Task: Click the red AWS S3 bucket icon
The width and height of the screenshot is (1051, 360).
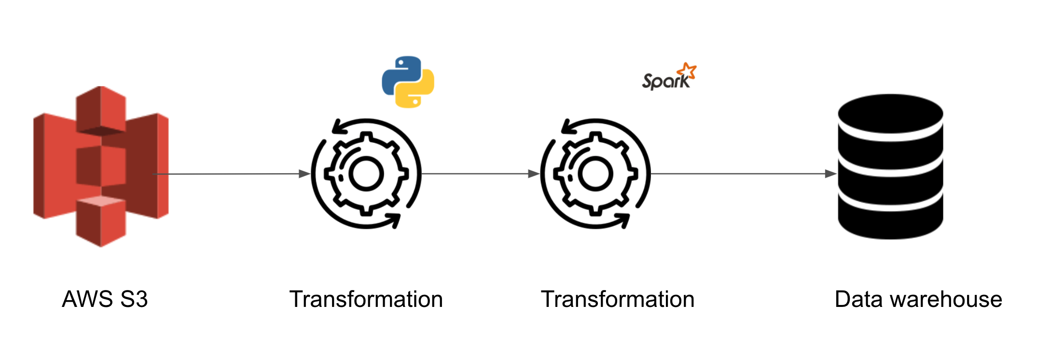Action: click(101, 166)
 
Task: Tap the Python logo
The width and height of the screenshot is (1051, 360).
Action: click(408, 82)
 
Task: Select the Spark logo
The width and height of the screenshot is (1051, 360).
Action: click(668, 77)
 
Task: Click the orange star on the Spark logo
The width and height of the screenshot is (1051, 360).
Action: click(687, 71)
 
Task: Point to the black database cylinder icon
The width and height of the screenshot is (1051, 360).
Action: click(890, 166)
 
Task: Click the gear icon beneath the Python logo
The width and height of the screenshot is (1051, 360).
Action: click(366, 174)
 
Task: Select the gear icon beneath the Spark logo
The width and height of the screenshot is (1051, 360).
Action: click(595, 174)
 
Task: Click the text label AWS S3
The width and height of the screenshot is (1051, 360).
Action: click(105, 299)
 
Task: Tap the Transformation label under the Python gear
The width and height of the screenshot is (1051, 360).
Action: click(366, 299)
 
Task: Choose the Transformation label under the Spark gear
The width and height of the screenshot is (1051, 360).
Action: click(618, 299)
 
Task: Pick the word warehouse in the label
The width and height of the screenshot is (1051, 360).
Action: click(946, 299)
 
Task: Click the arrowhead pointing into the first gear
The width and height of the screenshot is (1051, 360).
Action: click(305, 174)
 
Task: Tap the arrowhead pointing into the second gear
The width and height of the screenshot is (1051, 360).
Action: click(534, 174)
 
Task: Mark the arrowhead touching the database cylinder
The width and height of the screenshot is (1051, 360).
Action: click(831, 174)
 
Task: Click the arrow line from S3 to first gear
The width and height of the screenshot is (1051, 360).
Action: click(227, 174)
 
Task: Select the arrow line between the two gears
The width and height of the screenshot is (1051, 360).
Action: click(475, 174)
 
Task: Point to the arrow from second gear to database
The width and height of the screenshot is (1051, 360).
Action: click(738, 174)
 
